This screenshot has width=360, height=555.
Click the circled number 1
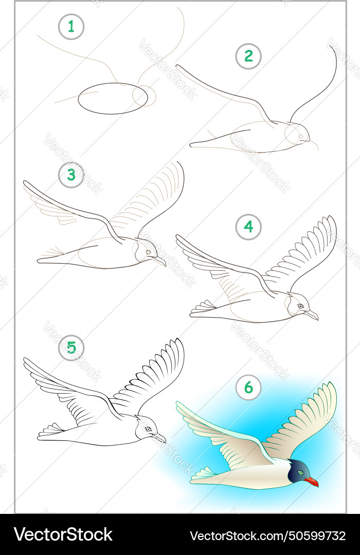point(71,27)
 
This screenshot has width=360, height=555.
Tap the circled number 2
point(248,56)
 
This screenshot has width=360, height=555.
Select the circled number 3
point(71,175)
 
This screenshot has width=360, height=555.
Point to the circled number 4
point(248,227)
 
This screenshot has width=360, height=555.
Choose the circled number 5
point(71,348)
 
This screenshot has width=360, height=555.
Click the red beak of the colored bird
point(311,482)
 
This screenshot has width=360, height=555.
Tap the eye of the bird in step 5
point(148,429)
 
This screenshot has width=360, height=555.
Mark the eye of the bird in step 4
point(300,306)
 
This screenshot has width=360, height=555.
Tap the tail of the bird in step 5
point(50,430)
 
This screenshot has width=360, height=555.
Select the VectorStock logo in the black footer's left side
point(63,535)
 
